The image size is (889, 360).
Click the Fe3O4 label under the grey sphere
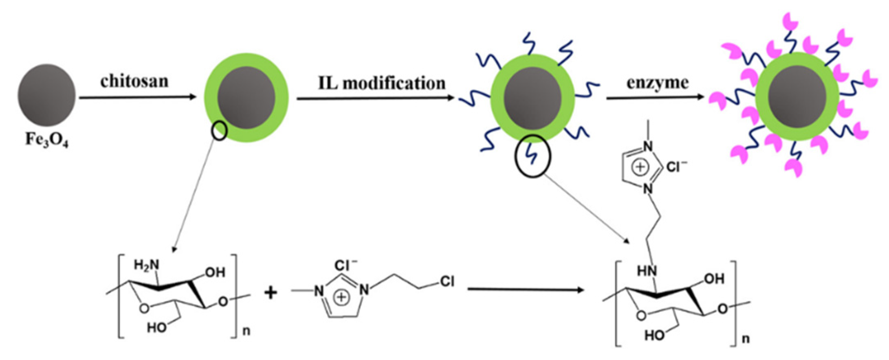46,140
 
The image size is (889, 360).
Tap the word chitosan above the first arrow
134,81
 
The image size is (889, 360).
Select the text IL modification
382,83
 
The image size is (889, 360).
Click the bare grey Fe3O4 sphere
46,94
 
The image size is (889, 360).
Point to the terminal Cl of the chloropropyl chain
447,281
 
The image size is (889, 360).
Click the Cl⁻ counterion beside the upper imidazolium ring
676,167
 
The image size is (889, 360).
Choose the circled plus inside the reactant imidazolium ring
341,298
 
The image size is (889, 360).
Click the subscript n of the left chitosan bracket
246,331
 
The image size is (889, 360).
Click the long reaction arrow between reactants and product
526,290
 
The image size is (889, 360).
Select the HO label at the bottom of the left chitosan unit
156,327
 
